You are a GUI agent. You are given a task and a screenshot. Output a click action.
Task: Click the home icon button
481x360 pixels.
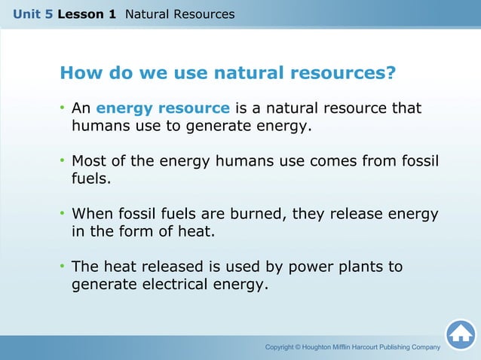460,334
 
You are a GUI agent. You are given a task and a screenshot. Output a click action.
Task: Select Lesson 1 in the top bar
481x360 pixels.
86,14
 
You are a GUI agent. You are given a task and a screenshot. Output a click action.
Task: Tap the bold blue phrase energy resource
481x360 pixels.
163,109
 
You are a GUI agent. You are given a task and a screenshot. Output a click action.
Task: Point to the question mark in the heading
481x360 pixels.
391,74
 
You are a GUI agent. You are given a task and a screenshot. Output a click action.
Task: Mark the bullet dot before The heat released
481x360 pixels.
63,267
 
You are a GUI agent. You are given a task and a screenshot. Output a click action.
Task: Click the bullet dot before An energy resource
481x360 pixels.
63,109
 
